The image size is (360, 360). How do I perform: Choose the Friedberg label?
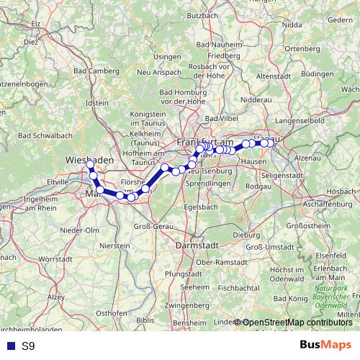pyautogui.click(x=213, y=55)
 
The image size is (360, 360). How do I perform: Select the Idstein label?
pyautogui.click(x=96, y=103)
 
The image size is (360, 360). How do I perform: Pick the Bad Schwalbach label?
pyautogui.click(x=45, y=135)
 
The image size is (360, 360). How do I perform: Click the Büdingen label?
pyautogui.click(x=318, y=73)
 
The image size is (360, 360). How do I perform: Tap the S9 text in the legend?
pyautogui.click(x=28, y=346)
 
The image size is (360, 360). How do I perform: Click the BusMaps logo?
pyautogui.click(x=325, y=345)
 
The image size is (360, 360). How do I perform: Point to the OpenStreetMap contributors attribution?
pyautogui.click(x=297, y=322)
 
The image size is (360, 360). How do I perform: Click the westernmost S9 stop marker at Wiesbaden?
pyautogui.click(x=90, y=165)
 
